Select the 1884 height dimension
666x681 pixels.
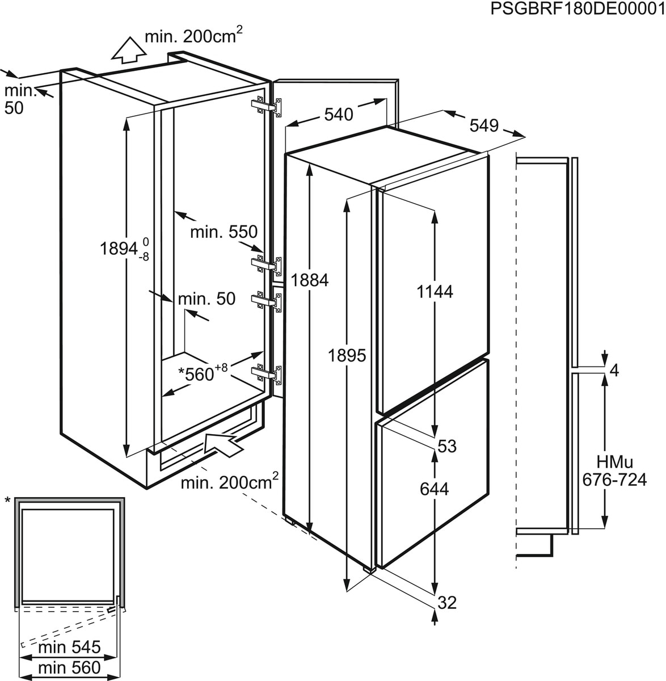tap(309, 280)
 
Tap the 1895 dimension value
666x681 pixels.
tap(347, 356)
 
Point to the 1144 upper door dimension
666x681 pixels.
tap(435, 292)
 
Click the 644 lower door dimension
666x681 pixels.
tap(435, 489)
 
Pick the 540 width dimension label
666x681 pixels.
tap(338, 114)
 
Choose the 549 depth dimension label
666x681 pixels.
tap(484, 125)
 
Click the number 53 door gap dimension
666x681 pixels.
tap(447, 446)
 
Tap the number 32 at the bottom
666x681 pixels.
tap(447, 603)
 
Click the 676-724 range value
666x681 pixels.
tap(614, 480)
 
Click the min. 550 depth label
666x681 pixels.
tap(224, 232)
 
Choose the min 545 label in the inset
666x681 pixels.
tap(69, 647)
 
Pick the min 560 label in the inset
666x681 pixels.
tap(69, 667)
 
